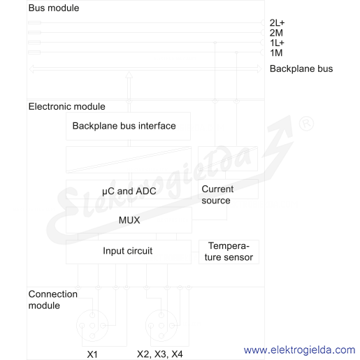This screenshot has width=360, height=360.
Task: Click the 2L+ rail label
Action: [277, 23]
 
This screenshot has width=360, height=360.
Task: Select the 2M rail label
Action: [276, 33]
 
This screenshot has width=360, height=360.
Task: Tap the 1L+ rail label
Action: [277, 43]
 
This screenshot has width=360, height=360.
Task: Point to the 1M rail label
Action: [276, 53]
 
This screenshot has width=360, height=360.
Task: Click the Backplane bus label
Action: [301, 69]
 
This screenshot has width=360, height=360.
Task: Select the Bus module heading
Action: [54, 8]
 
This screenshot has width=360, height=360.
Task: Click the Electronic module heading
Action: [67, 106]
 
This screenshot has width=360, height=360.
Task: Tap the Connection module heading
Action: [53, 300]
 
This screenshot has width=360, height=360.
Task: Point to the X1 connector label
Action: [92, 354]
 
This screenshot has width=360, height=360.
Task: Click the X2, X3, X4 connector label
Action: [160, 354]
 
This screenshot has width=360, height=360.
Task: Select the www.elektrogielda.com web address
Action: [300, 350]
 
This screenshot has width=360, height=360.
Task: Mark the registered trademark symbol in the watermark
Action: [306, 124]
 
